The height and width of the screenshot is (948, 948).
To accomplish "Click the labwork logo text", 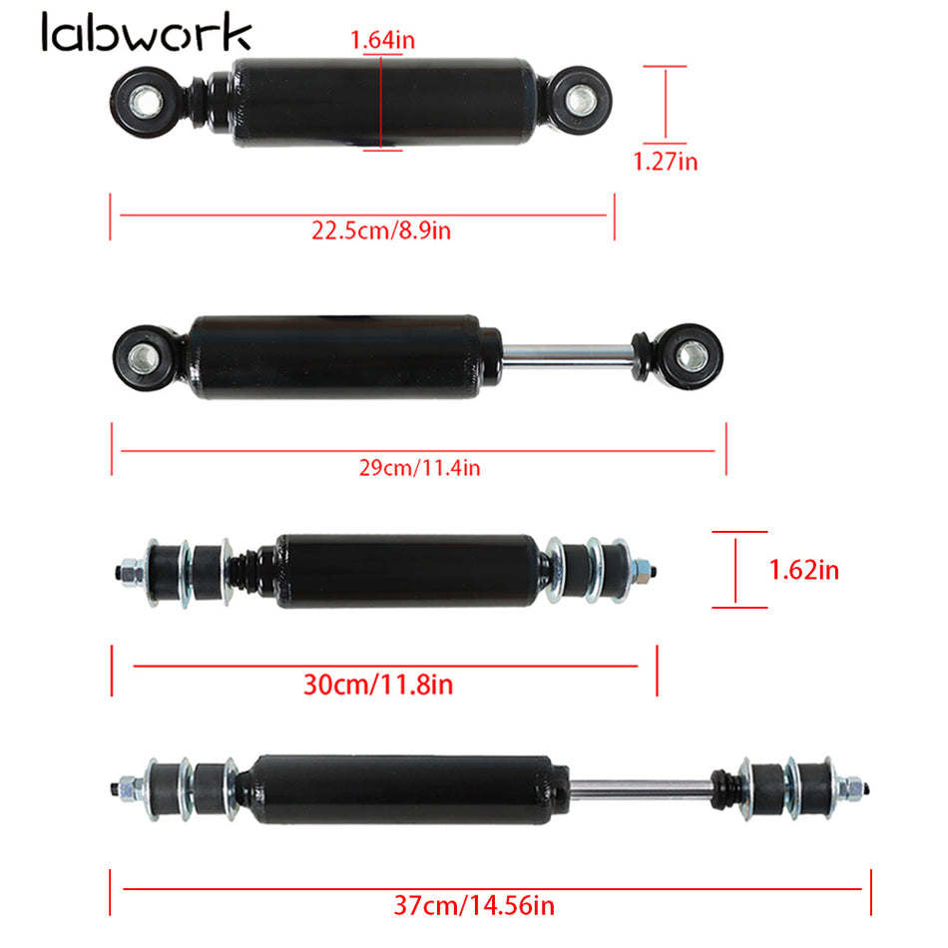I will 147,33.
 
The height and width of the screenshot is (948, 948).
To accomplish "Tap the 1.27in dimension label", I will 666,160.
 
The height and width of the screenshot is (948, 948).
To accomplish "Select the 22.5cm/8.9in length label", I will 381,231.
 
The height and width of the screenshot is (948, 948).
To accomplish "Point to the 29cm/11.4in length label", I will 419,466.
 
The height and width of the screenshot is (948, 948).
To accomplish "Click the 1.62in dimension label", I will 803,570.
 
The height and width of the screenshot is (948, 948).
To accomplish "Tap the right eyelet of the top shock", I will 579,99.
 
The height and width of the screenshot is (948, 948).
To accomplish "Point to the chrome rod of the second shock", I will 569,352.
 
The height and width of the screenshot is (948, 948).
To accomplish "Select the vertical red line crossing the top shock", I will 381,100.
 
